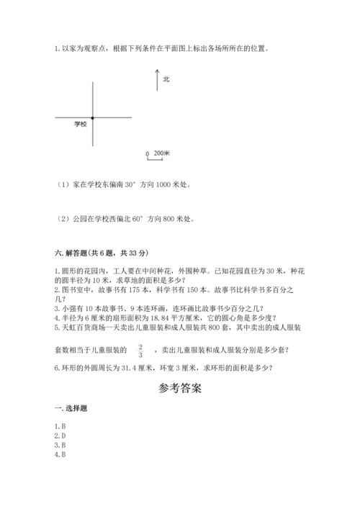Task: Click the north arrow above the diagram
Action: coord(157,80)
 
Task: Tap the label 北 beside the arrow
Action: coord(166,79)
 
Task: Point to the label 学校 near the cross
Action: coord(80,125)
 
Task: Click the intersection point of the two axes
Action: coord(92,117)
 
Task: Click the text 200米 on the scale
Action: coord(161,153)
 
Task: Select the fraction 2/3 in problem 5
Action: coord(140,351)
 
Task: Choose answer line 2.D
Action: coord(60,436)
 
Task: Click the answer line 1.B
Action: coord(60,426)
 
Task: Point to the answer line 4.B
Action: coord(60,454)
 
